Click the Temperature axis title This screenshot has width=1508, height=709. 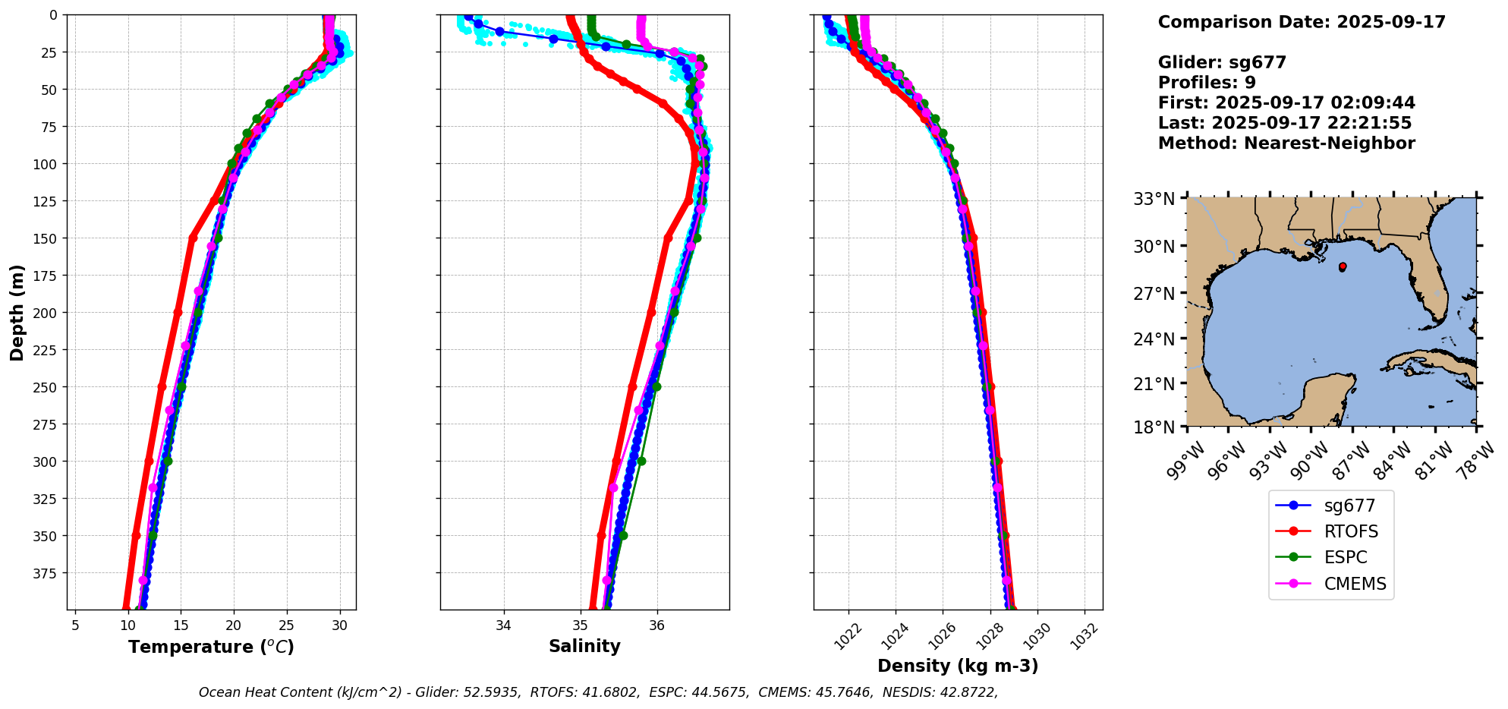[211, 647]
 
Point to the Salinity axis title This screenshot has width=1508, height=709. [584, 646]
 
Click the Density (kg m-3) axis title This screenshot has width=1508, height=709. [958, 666]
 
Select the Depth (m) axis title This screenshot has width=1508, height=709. [17, 312]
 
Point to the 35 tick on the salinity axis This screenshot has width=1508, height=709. [581, 625]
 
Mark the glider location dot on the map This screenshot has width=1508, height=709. [1343, 266]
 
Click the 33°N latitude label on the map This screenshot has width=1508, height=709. [1154, 199]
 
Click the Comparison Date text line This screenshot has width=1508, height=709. [1302, 22]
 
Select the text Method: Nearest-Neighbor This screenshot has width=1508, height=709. [1286, 143]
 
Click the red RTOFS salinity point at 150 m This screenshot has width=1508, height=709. [668, 238]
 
